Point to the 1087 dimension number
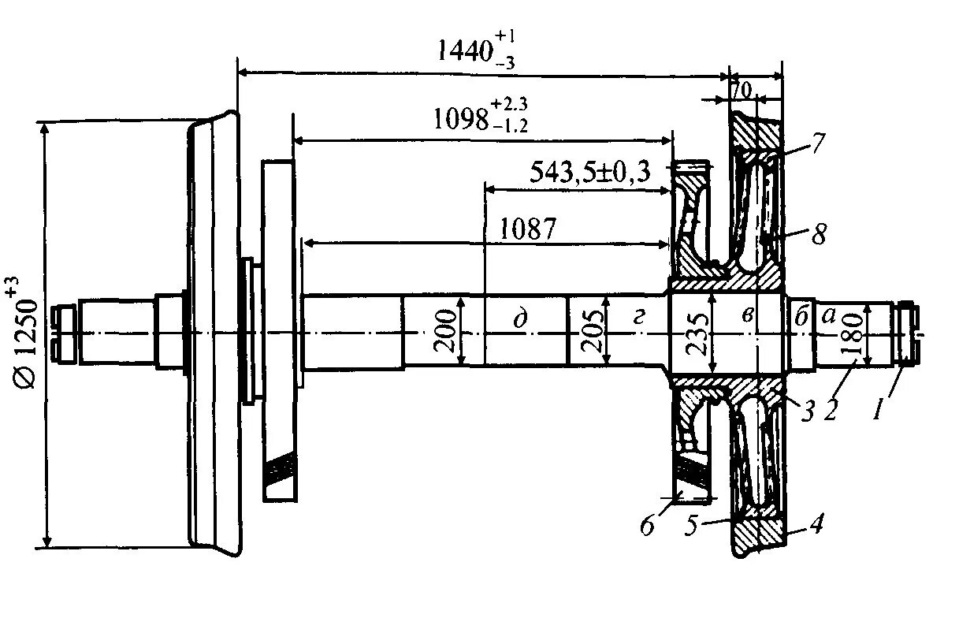[528, 229]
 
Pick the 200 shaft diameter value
[446, 330]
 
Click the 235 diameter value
[696, 331]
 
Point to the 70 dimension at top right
[742, 89]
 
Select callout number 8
[820, 235]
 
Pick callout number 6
[648, 526]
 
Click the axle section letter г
[638, 317]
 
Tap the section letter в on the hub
[749, 316]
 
